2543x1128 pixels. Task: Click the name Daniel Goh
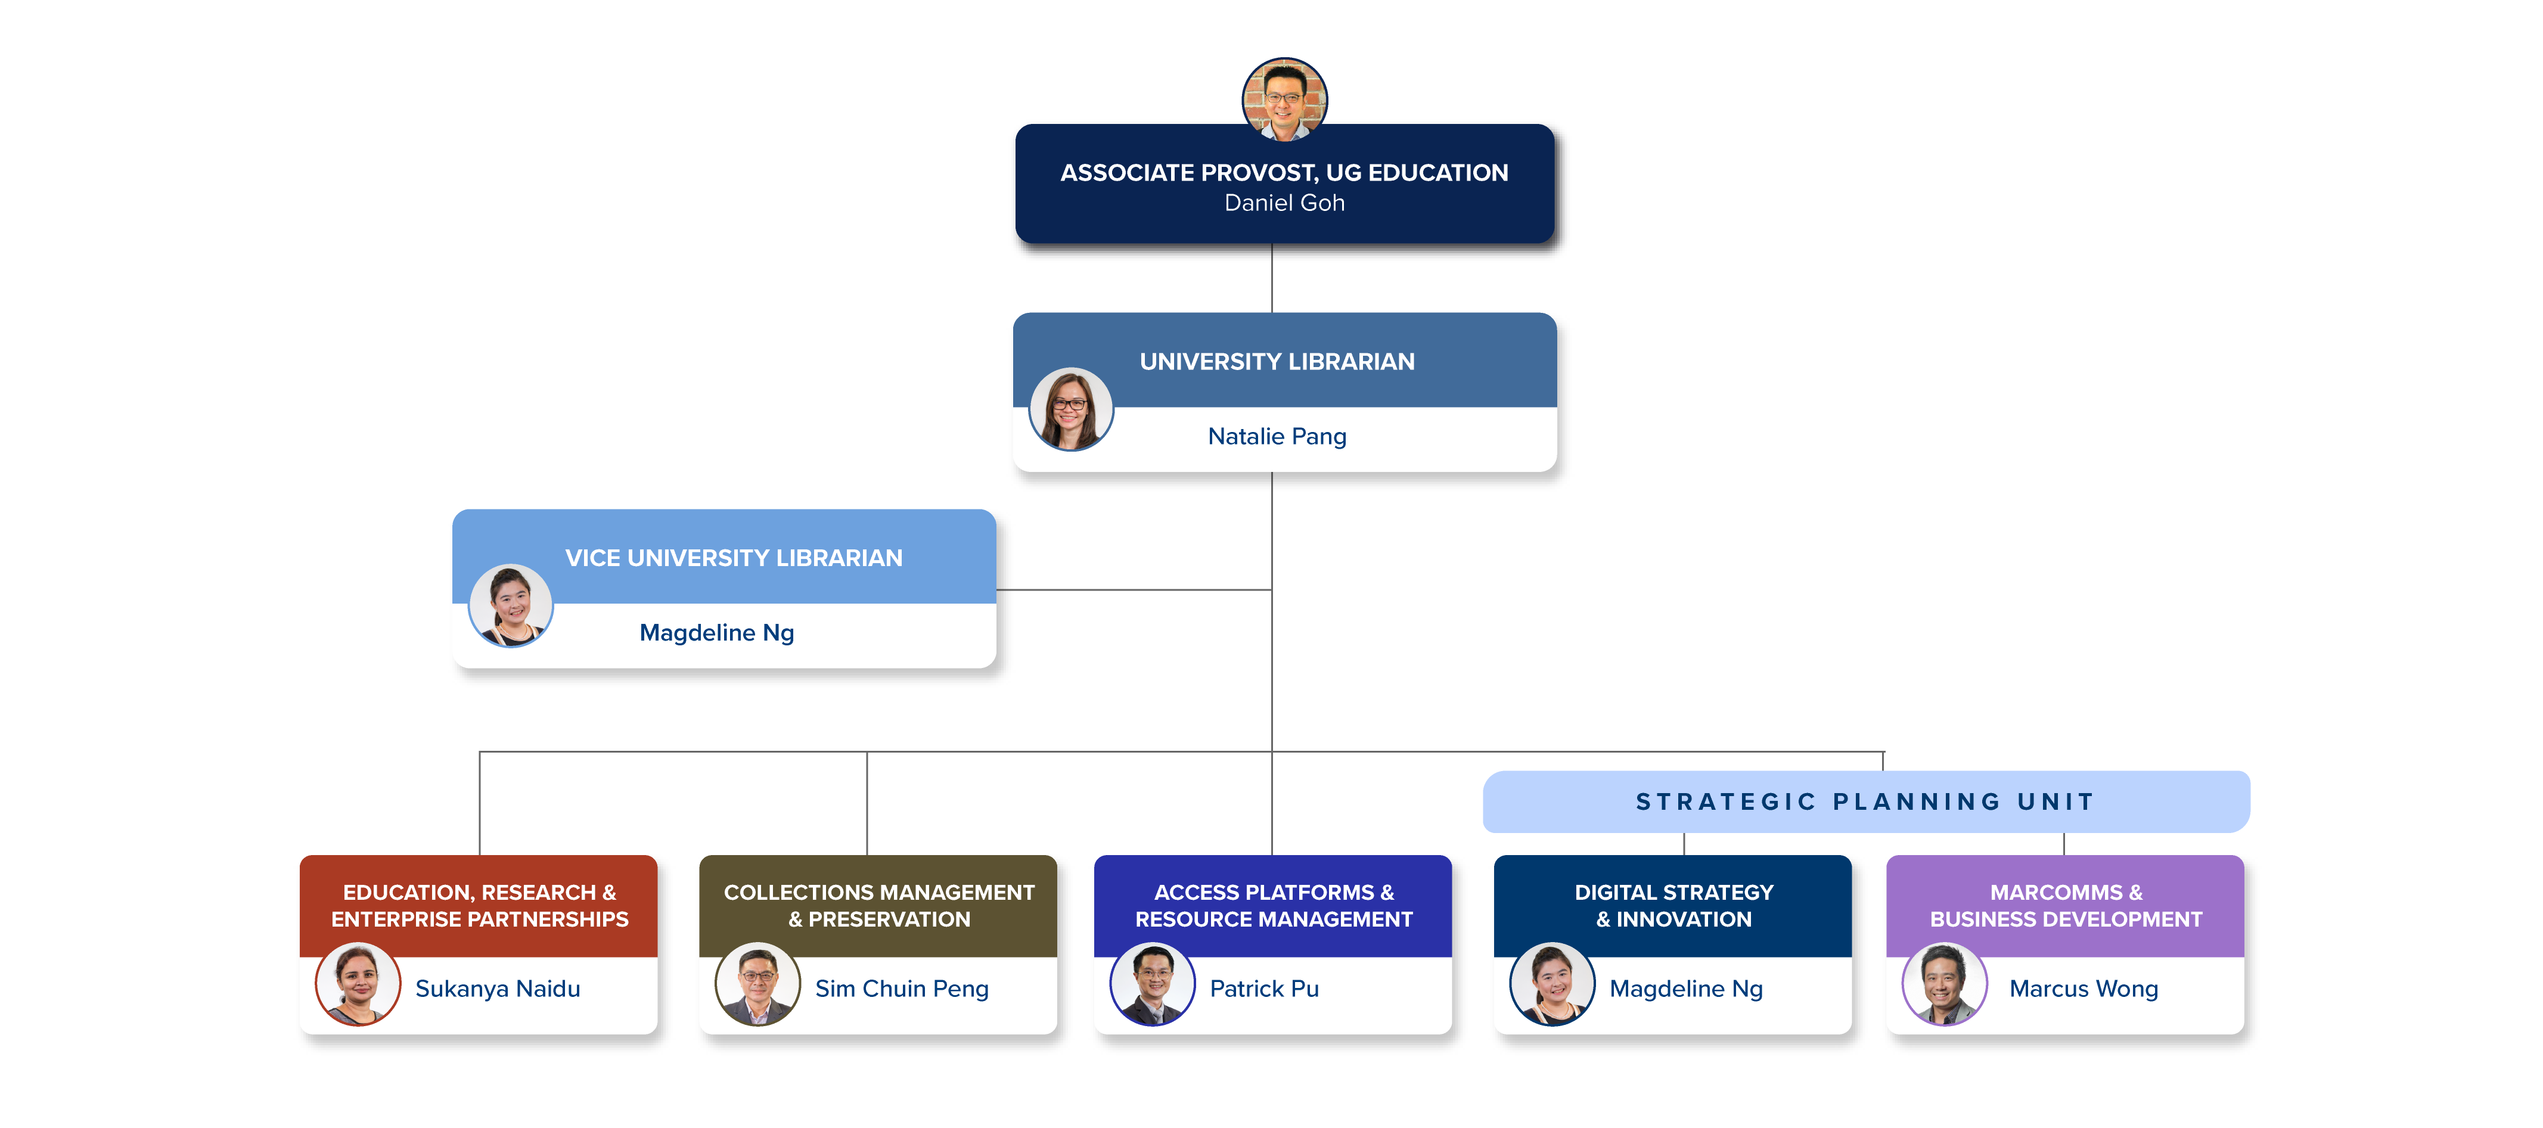1284,203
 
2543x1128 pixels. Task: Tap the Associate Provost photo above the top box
1284,99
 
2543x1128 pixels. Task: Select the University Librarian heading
1277,362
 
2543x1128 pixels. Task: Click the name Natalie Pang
1277,436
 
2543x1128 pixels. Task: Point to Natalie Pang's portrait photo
1071,409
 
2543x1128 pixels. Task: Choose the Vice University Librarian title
734,558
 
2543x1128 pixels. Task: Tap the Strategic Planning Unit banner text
1865,802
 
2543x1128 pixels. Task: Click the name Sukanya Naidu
498,989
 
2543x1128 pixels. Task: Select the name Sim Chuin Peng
901,989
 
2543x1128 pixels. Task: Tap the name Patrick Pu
1263,989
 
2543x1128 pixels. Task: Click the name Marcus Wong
2083,989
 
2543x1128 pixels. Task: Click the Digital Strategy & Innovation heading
1673,906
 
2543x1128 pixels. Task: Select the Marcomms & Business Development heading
2065,906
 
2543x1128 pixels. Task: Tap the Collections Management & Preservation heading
878,906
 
